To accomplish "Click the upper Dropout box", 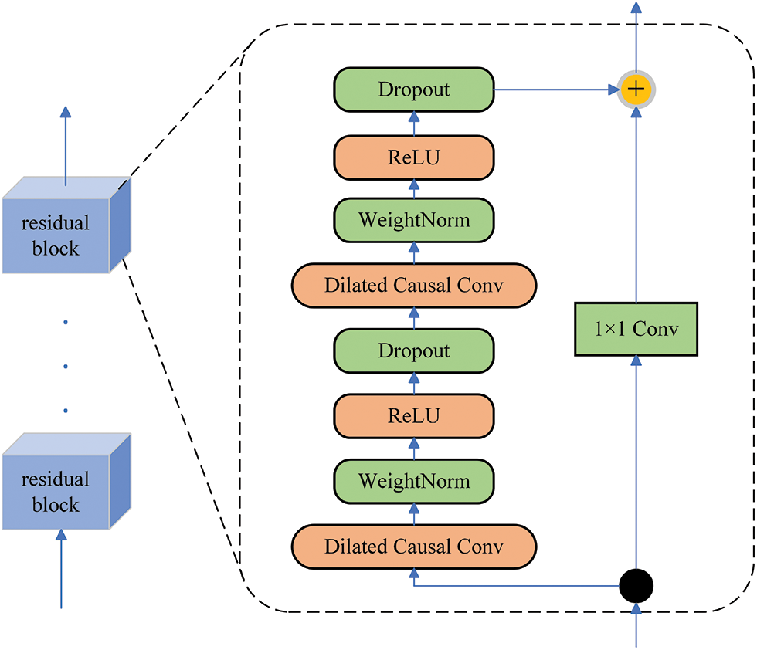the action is point(414,90).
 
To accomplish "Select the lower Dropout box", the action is point(414,350).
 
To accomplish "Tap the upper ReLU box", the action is point(414,157).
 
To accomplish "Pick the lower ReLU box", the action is point(414,416).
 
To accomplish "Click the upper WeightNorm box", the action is point(414,220).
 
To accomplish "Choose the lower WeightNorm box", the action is point(414,481).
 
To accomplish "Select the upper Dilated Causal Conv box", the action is point(414,285).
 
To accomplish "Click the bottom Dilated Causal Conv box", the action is point(414,547).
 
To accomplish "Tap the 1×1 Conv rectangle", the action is point(636,329).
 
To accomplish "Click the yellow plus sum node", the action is point(636,90).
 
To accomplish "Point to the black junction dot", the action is point(636,586).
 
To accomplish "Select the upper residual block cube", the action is point(66,225).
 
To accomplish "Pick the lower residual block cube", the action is point(66,481).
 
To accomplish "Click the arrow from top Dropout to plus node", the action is point(557,90).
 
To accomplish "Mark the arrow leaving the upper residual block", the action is point(66,146).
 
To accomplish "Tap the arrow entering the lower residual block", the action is point(61,568).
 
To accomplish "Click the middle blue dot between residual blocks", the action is point(66,366).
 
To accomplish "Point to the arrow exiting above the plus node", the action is point(636,37).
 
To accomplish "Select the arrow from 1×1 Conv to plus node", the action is point(636,205).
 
